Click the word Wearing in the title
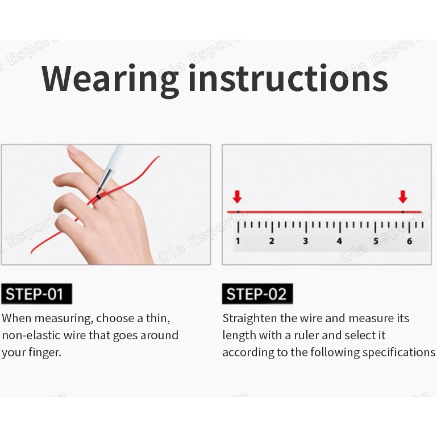tap(110, 79)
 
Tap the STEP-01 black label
tap(36, 294)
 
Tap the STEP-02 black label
tap(257, 294)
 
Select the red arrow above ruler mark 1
tap(237, 197)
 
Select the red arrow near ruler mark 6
tap(403, 197)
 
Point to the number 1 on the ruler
tap(238, 241)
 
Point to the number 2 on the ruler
tap(272, 241)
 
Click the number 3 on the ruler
tap(306, 241)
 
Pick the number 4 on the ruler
tap(339, 241)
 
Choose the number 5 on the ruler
tap(376, 241)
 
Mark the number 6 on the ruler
tap(409, 241)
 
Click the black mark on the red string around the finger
tap(98, 197)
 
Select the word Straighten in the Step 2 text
tap(249, 319)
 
